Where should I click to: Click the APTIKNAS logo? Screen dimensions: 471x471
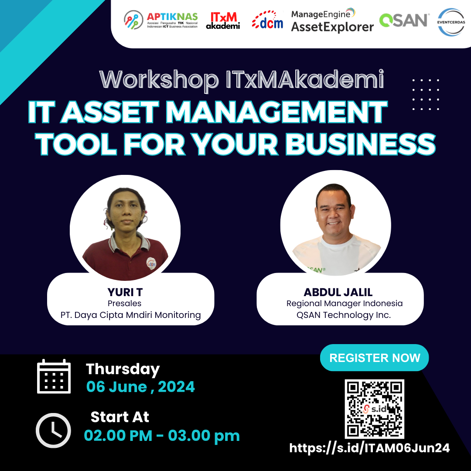[x=160, y=20]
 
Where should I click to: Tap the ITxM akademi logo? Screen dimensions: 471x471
[x=223, y=20]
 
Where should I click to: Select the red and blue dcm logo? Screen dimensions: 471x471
[x=267, y=20]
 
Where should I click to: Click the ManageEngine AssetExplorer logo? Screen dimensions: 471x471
[x=332, y=20]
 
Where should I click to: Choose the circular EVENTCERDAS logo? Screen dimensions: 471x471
[x=451, y=22]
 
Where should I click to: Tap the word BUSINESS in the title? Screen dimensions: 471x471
[x=360, y=144]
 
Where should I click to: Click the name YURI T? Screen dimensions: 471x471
[x=125, y=292]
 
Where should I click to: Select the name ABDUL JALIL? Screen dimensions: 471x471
[x=338, y=292]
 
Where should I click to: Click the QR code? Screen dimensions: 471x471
[x=374, y=409]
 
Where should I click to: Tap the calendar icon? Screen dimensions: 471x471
[x=54, y=376]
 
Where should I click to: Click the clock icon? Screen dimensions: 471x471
[x=54, y=430]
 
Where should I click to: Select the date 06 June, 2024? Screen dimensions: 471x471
[x=140, y=386]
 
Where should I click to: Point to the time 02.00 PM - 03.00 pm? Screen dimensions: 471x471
[x=162, y=436]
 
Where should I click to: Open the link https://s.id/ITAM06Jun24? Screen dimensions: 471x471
[x=369, y=448]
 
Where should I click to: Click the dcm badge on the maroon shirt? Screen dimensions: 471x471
[x=151, y=263]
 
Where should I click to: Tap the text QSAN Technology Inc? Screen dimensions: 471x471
[x=344, y=315]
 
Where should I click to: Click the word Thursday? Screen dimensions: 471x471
[x=123, y=369]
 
